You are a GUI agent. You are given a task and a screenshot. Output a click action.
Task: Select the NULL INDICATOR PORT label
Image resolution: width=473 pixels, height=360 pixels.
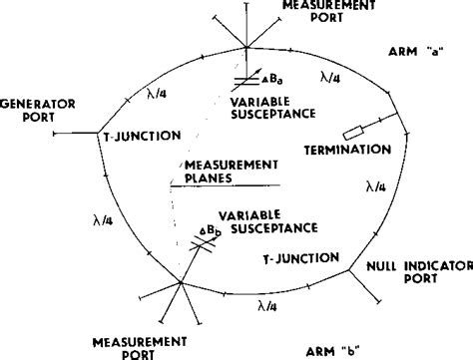pyautogui.click(x=413, y=273)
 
